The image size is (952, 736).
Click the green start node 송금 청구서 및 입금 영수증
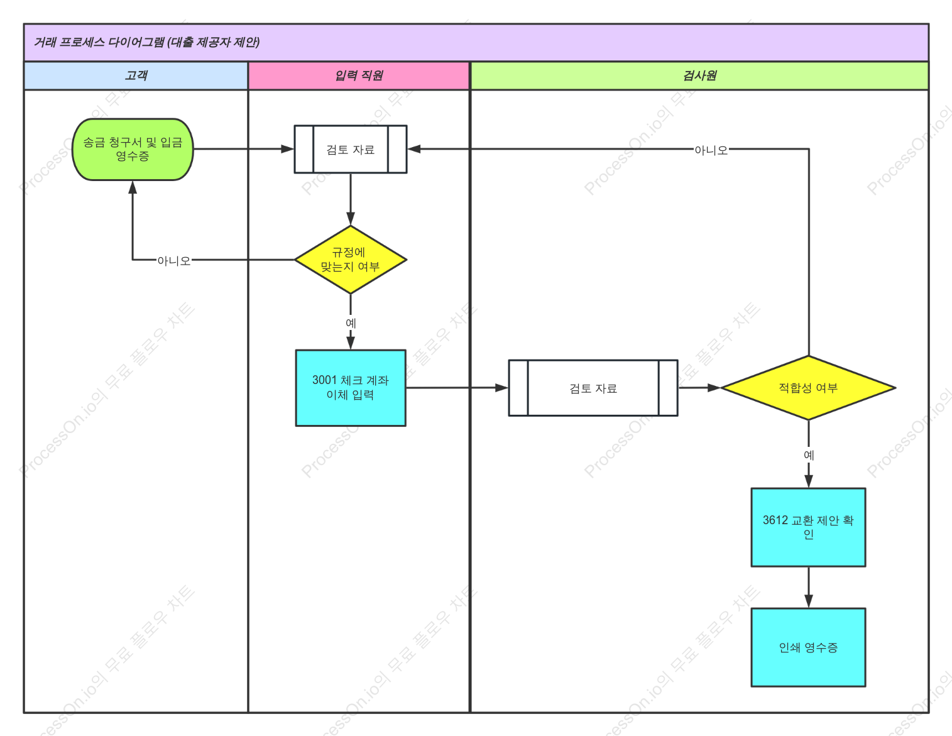(x=133, y=150)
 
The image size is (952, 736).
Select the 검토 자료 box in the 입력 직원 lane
(x=351, y=150)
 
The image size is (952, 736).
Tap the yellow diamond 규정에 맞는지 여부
(x=351, y=260)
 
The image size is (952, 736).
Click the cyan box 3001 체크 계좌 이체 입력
(x=351, y=388)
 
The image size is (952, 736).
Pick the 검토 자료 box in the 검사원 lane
(x=593, y=388)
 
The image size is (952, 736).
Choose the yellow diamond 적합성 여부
(x=808, y=388)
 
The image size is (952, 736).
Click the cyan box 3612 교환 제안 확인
(x=808, y=527)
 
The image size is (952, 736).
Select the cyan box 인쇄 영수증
(x=808, y=647)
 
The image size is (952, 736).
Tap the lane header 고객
(x=136, y=76)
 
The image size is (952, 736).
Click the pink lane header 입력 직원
(x=359, y=76)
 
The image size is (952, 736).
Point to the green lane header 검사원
(x=699, y=76)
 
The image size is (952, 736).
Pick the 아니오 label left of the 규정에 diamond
(x=174, y=261)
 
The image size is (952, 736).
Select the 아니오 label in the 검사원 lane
(x=711, y=151)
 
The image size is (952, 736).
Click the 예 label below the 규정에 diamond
(x=351, y=323)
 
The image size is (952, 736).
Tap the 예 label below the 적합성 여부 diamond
(x=809, y=455)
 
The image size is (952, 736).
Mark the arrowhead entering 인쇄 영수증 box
(x=809, y=601)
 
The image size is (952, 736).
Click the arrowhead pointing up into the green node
(x=133, y=187)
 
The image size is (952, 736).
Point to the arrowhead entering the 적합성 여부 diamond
(x=714, y=388)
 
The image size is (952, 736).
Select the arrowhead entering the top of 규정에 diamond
(x=351, y=219)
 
